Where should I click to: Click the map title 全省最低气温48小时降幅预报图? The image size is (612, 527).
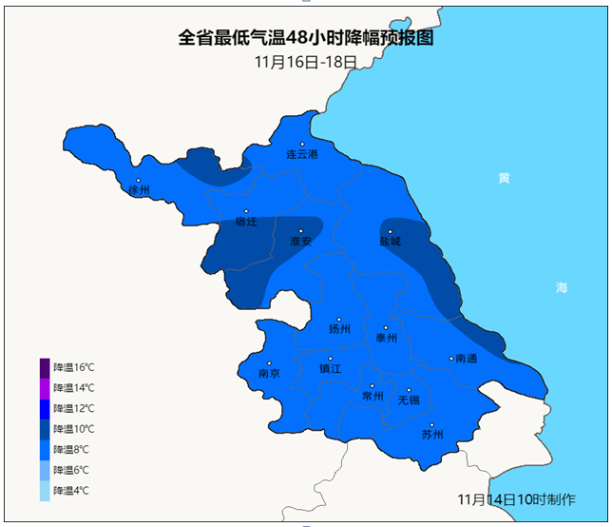pos(306,38)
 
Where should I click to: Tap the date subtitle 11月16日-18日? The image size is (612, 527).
pos(306,62)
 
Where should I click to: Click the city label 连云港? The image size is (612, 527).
pos(302,154)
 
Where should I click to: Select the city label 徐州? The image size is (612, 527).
pos(140,190)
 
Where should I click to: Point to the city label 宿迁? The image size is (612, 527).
pos(246,222)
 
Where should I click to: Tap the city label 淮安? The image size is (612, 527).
pos(300,242)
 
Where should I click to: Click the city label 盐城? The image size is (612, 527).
pos(390,242)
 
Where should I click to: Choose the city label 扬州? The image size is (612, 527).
pos(339,329)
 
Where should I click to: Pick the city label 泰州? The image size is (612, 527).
pos(386,338)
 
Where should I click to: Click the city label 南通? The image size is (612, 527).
pos(466,360)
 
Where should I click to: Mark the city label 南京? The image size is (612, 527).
pos(269,374)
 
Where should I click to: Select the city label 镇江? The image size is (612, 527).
pos(330,369)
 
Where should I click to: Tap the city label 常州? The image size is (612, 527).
pos(373,397)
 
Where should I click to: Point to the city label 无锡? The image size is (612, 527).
pos(409,400)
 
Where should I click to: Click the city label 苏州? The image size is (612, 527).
pos(432,435)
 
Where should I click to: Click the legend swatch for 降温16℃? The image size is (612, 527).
pos(45,367)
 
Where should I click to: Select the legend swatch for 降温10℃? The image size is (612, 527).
pos(45,429)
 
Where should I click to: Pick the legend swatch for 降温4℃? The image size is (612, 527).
pos(45,491)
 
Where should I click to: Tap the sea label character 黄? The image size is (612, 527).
pos(505,178)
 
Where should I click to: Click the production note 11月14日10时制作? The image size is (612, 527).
pos(516,499)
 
